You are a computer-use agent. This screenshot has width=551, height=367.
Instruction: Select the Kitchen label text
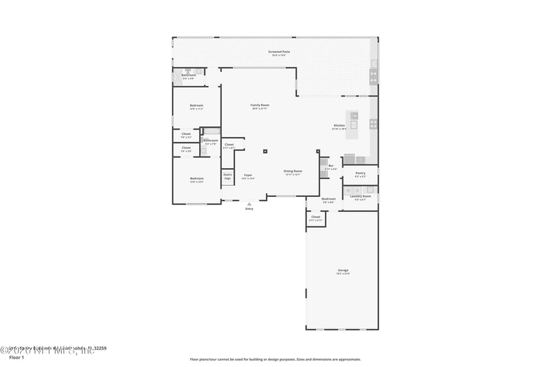[339, 126]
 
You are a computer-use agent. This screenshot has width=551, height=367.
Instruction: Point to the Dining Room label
[293, 171]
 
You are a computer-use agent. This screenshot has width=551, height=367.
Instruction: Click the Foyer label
[248, 176]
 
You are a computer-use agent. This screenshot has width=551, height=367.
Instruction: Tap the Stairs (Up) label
[227, 176]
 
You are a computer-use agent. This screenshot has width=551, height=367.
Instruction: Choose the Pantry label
[360, 174]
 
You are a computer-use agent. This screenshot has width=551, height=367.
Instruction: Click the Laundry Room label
[360, 197]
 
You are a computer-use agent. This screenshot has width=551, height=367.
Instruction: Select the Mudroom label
[329, 200]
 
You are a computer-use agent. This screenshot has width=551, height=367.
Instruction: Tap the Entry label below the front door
[249, 209]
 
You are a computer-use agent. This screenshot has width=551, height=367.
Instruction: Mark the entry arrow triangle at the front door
[249, 204]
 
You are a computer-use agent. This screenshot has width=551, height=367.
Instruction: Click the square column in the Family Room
[265, 151]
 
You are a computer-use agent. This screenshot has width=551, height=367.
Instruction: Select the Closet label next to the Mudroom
[315, 218]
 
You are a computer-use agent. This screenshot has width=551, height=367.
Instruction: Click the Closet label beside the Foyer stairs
[229, 145]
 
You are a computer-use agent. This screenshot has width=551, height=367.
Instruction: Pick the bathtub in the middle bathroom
[211, 130]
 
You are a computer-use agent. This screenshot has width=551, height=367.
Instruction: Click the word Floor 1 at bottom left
[16, 357]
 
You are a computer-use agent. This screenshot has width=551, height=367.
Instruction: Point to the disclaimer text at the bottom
[275, 359]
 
